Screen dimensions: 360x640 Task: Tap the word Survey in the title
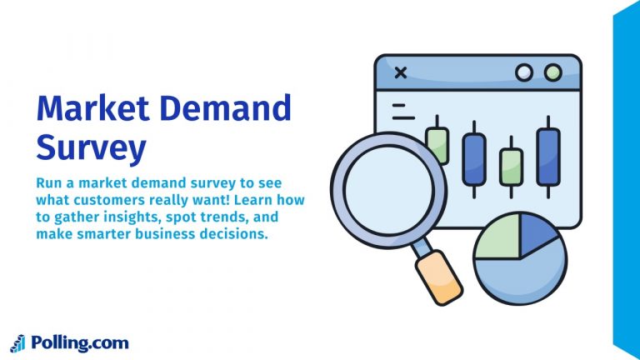91,147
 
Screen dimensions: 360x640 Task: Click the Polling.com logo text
79,342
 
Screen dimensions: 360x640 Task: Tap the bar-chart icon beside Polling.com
17,342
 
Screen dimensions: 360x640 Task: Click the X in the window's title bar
400,72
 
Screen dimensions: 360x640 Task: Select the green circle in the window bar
552,72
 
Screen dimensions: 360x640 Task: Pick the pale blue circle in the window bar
524,72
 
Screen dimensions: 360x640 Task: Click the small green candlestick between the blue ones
511,166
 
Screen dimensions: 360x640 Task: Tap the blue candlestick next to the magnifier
473,159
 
